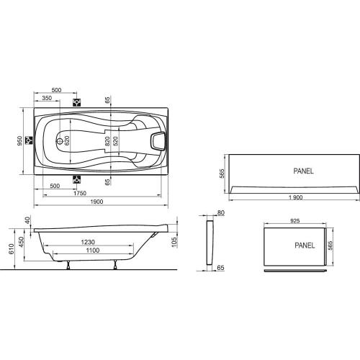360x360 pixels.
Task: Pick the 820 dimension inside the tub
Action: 106,141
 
